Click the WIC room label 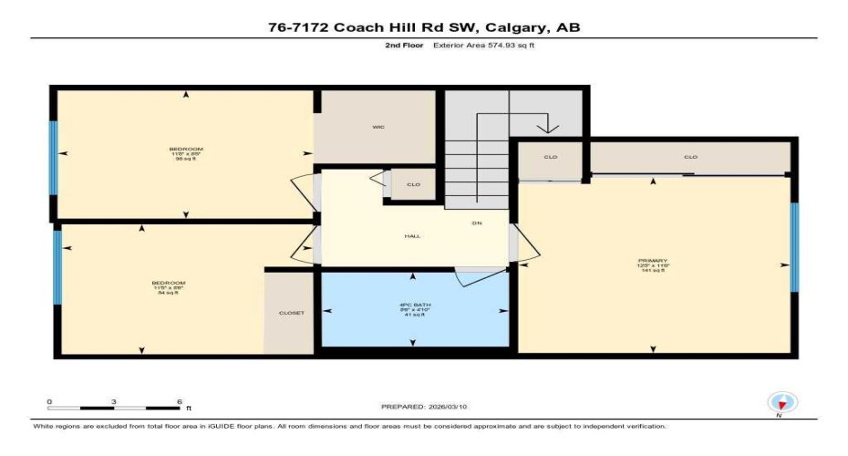click(x=377, y=127)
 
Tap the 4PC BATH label click(x=413, y=303)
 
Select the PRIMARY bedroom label click(x=653, y=260)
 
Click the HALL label click(x=412, y=236)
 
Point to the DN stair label click(x=476, y=223)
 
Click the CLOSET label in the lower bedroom click(x=291, y=313)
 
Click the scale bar click(x=114, y=407)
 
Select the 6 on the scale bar click(x=179, y=401)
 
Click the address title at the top click(x=423, y=27)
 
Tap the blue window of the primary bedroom click(x=794, y=246)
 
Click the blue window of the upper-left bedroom click(x=53, y=158)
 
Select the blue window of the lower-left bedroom click(x=57, y=266)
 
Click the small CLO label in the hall click(x=413, y=185)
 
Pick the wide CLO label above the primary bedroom click(x=690, y=157)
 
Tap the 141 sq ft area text click(x=653, y=271)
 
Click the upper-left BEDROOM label click(x=185, y=149)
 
